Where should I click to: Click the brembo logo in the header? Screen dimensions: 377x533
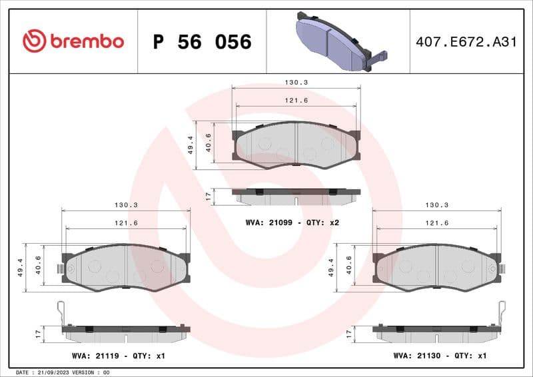pos(73,41)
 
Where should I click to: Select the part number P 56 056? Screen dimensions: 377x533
pos(202,42)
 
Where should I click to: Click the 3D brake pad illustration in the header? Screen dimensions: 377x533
pos(337,41)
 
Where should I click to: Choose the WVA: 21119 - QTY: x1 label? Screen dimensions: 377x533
pos(119,356)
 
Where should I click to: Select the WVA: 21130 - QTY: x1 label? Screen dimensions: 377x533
pos(440,356)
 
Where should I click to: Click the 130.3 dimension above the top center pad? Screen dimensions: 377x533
pos(296,83)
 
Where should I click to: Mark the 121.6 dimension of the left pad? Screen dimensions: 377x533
pos(126,223)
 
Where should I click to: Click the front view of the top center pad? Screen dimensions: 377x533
pos(296,145)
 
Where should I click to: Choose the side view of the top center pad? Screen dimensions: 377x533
pos(296,196)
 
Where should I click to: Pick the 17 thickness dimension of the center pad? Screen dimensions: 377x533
pos(209,196)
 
